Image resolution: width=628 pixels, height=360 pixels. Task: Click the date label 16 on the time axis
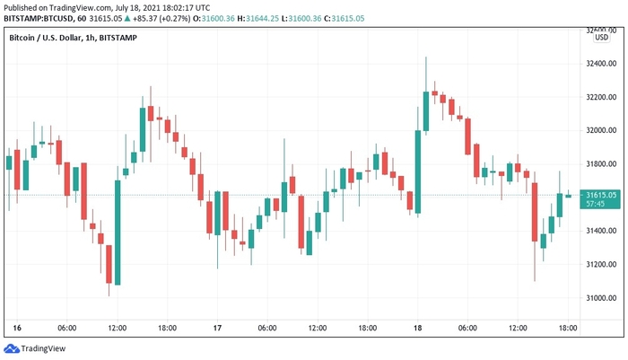click(17, 329)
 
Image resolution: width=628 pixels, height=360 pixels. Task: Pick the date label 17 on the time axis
click(217, 329)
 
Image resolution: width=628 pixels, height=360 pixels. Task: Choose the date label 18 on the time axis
click(417, 329)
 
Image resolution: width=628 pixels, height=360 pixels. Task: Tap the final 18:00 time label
click(567, 329)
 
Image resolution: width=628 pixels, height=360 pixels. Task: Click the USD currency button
click(601, 38)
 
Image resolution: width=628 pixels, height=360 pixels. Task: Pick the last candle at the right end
click(568, 195)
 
